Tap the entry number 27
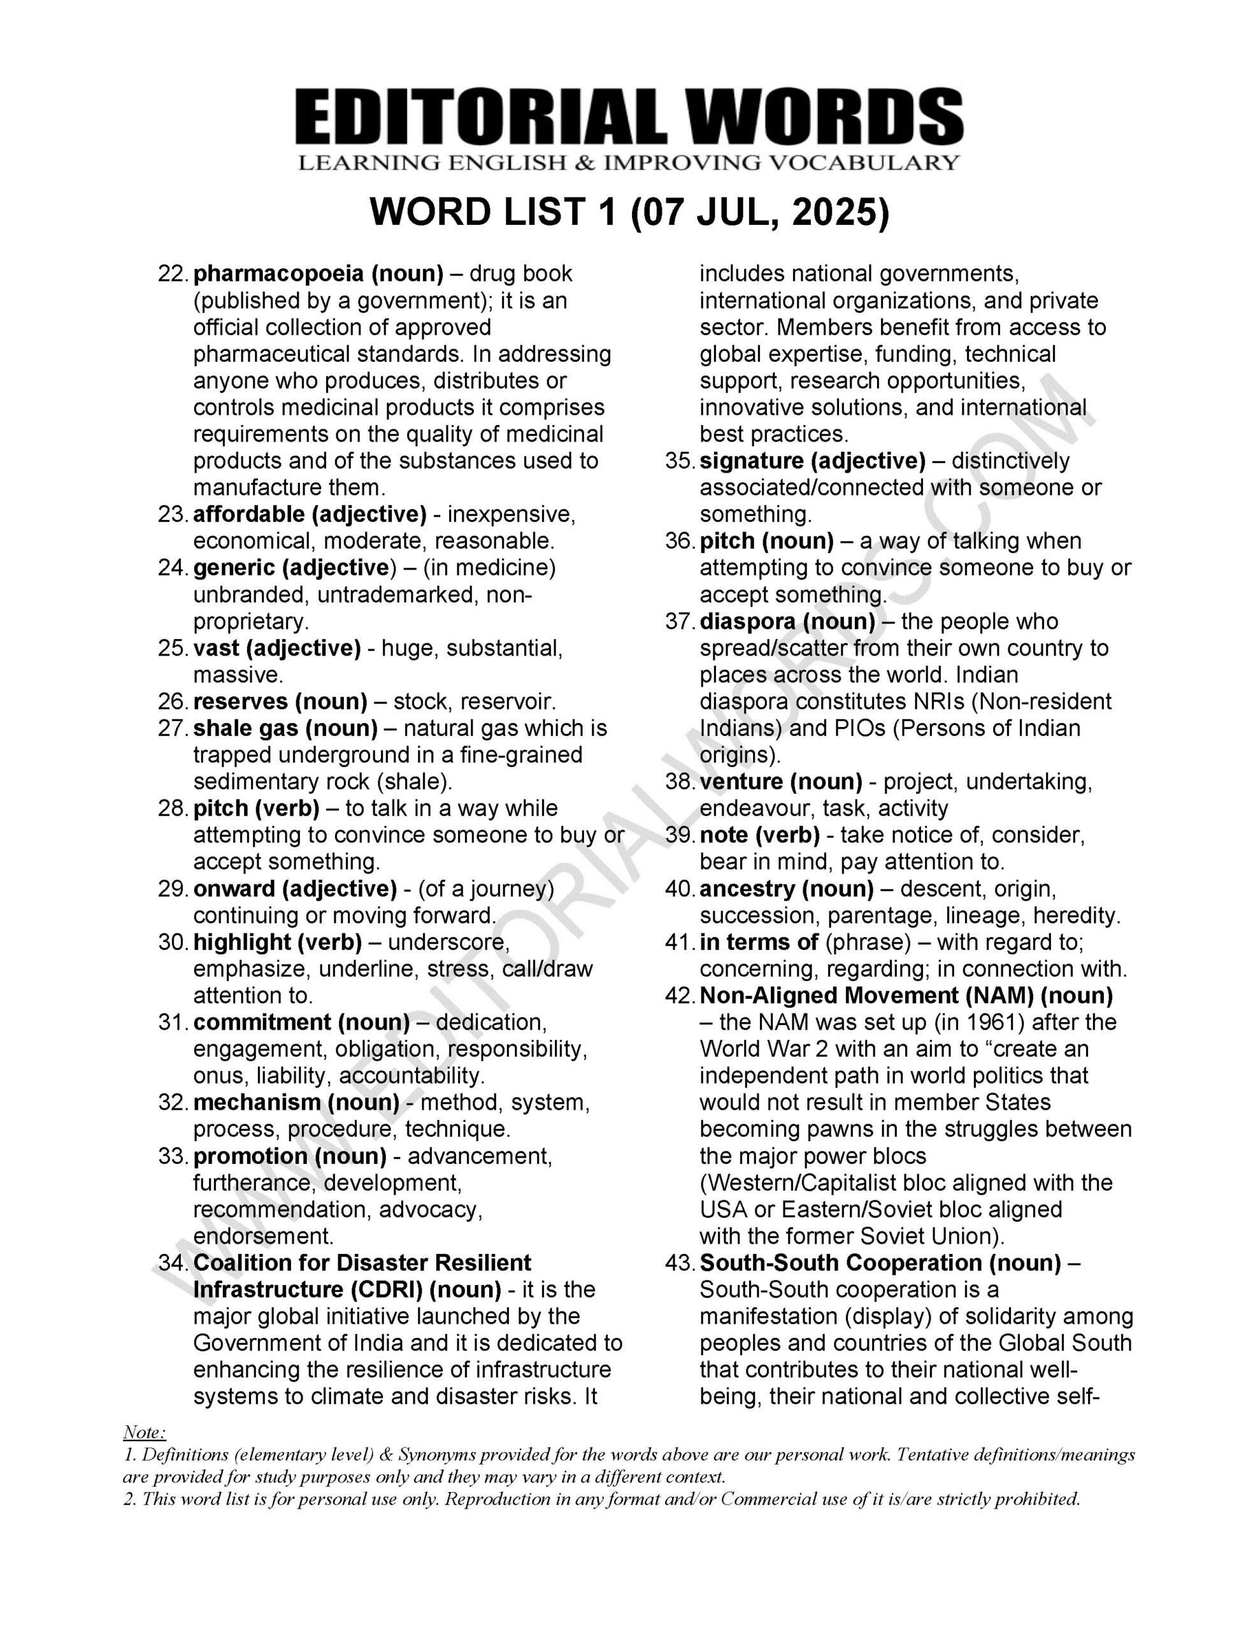(173, 728)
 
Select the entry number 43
(680, 1263)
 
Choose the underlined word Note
(143, 1432)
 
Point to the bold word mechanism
(256, 1103)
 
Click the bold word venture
(741, 782)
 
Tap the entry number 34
(173, 1263)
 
